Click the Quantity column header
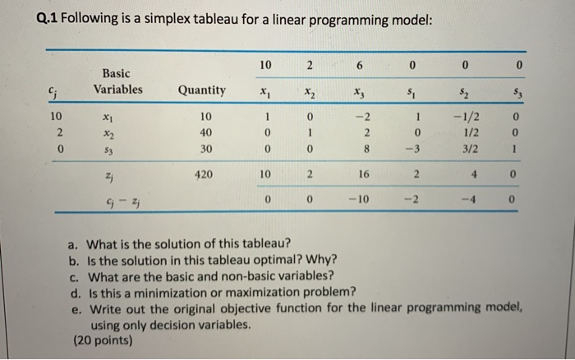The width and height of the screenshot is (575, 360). (x=202, y=90)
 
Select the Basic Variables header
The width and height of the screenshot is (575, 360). (x=117, y=81)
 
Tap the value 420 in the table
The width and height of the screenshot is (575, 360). (x=205, y=175)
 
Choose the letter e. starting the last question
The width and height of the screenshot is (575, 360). (x=76, y=306)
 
